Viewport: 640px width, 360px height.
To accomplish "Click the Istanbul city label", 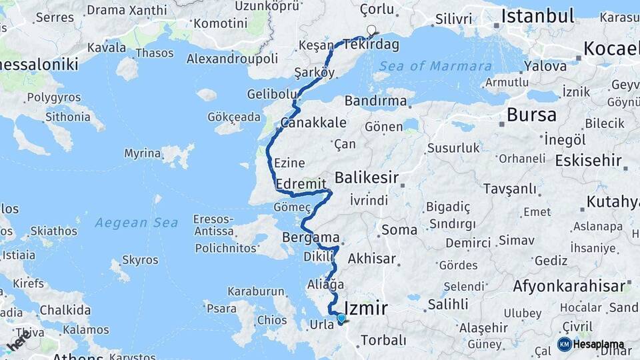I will tap(537, 15).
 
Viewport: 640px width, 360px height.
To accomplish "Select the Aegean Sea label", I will tap(136, 222).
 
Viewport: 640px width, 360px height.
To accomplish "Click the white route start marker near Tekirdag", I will tap(371, 30).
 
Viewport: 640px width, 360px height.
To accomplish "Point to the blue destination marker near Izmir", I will tap(341, 319).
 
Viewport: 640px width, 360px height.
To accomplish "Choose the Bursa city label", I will tap(531, 115).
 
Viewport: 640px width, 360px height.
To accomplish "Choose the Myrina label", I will tap(142, 154).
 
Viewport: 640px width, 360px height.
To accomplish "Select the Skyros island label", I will tap(141, 260).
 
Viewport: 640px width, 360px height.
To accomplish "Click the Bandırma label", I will tap(376, 101).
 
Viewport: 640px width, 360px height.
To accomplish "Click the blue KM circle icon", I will tap(564, 344).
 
